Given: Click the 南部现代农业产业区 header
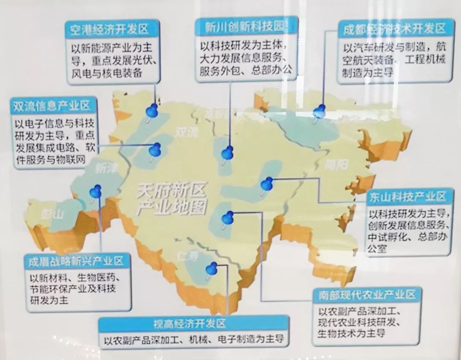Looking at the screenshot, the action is (x=367, y=295).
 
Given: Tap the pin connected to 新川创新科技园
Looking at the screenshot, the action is (x=228, y=152).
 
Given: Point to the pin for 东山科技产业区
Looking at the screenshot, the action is (x=267, y=184).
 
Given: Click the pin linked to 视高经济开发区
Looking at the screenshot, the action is (x=211, y=269).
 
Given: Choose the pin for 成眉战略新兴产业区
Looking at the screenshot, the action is (x=96, y=192).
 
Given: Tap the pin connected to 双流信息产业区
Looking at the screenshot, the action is (x=155, y=150).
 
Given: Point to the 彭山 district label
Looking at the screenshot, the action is (x=52, y=214).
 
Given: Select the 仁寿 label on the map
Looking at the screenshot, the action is (x=188, y=255).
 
